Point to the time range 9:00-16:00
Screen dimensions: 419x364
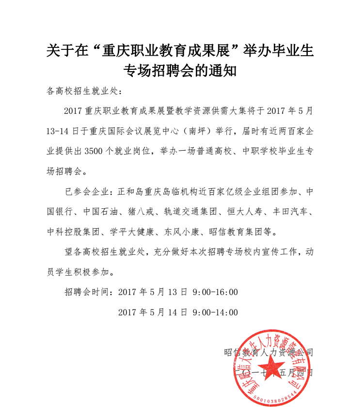tap(215, 292)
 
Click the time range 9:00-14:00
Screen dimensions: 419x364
tap(215, 312)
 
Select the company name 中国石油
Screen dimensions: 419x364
tap(99, 212)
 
